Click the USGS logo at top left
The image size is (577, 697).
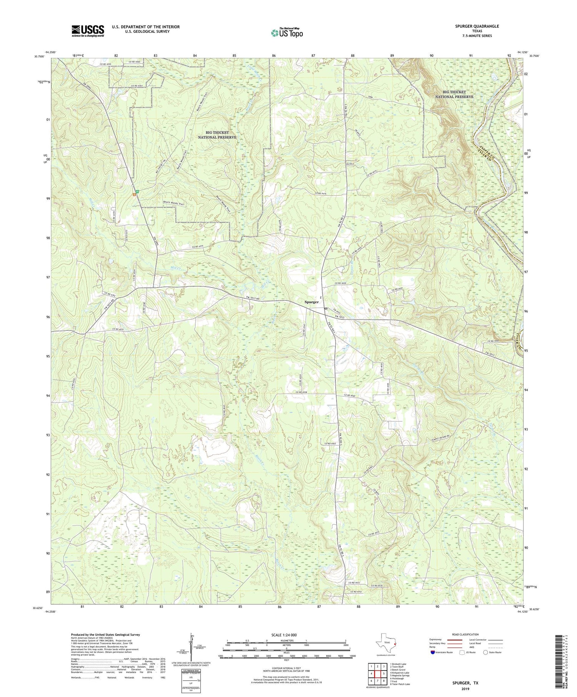tap(88, 31)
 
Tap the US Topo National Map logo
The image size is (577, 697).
tap(287, 33)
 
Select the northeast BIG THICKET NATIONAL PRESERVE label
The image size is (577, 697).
tap(454, 95)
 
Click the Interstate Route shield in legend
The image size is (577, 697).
tap(434, 652)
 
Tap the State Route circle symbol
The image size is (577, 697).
tap(485, 652)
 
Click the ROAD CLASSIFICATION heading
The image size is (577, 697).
tap(465, 634)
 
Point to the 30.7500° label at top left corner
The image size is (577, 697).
tap(39, 57)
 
